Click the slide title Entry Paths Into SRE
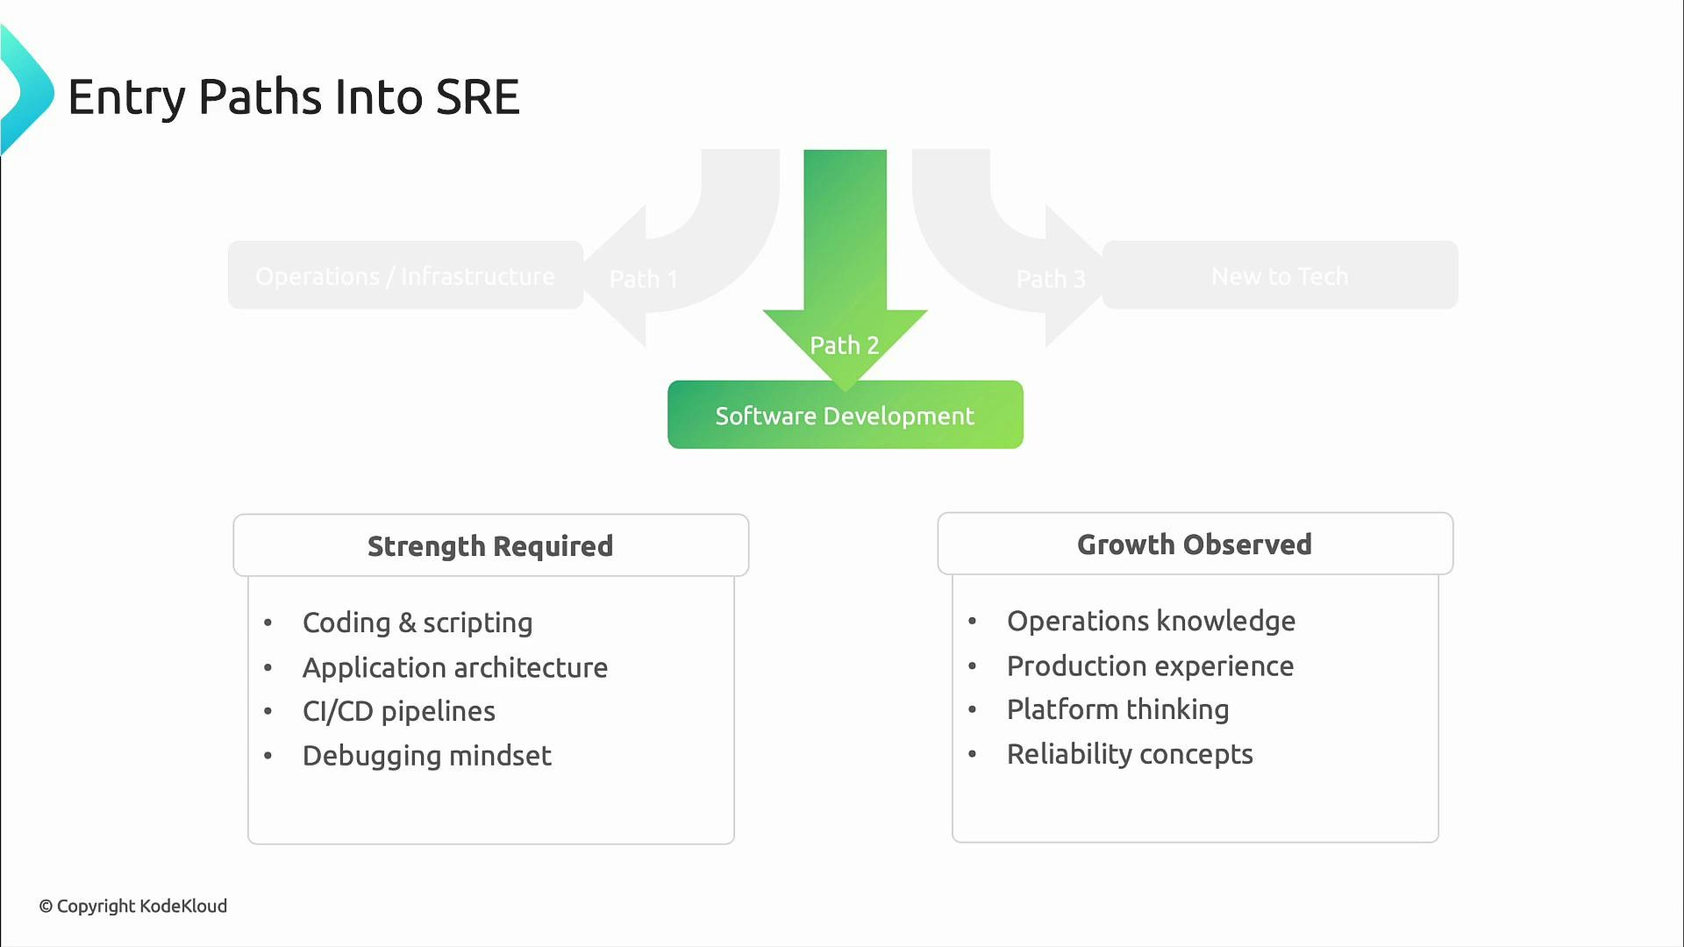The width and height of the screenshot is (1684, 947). tap(294, 96)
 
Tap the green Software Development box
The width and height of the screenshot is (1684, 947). tap(845, 416)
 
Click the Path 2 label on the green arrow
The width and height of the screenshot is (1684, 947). tap(844, 345)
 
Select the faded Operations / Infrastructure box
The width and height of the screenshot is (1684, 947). tap(405, 276)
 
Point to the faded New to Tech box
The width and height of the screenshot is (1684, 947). tap(1280, 276)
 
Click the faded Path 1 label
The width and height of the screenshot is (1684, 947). tap(644, 279)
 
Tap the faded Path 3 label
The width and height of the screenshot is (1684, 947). tap(1051, 279)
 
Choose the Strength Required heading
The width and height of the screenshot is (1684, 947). tap(490, 546)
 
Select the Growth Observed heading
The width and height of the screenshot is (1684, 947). tap(1195, 545)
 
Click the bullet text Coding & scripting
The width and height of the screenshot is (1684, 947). tap(417, 623)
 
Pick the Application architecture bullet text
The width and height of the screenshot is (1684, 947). tap(455, 668)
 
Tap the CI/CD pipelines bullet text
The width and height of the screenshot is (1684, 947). tap(399, 711)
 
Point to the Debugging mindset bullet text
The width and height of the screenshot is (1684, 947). tap(427, 756)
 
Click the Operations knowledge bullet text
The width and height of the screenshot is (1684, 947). tap(1151, 621)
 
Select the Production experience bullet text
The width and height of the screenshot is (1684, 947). tap(1150, 666)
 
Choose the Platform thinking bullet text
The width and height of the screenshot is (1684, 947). tap(1117, 709)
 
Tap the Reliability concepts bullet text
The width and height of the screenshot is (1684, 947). tap(1130, 754)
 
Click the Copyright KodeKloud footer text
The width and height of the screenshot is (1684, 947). tap(133, 906)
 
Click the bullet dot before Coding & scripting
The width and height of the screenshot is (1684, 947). tap(268, 623)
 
